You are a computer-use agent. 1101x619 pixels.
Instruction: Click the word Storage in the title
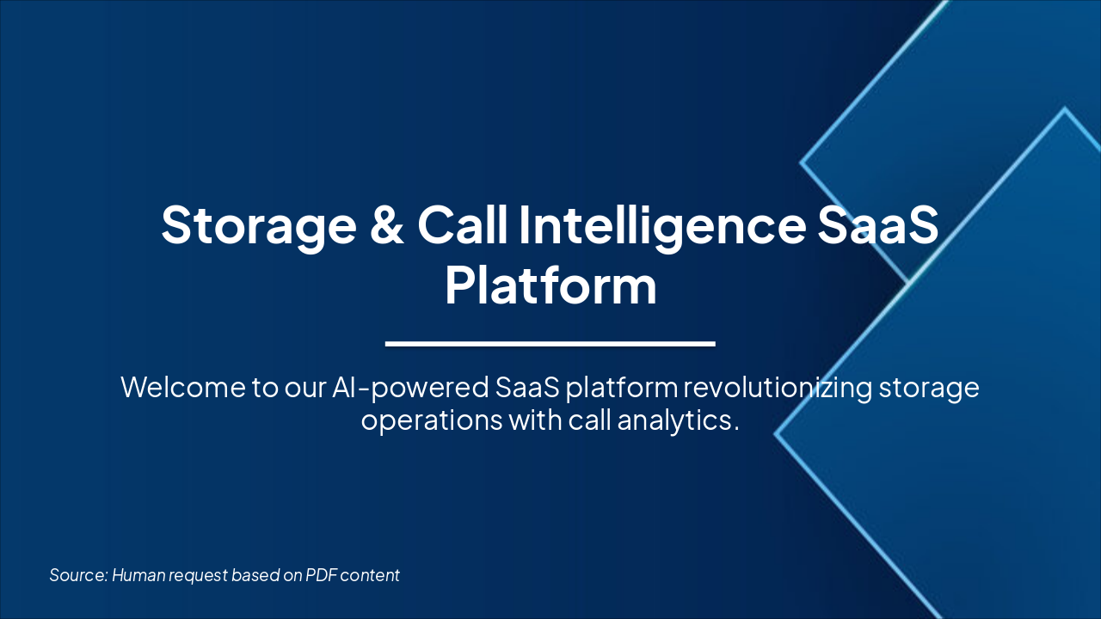(258, 225)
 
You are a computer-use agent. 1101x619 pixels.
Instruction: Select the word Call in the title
(461, 225)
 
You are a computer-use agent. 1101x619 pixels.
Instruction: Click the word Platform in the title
(550, 286)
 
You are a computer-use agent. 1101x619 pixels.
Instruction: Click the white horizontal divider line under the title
(550, 344)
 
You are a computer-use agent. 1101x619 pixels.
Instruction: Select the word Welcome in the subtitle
(183, 387)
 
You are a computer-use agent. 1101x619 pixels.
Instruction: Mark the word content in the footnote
(371, 575)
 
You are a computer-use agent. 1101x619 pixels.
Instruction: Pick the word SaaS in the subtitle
(527, 387)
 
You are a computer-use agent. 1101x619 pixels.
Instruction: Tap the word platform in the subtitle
(622, 388)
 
